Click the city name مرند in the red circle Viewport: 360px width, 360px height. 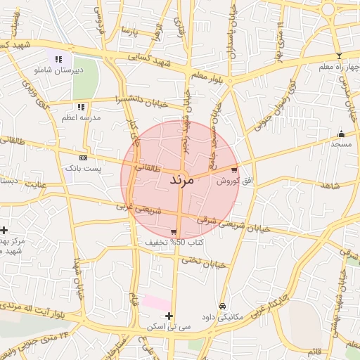click(x=181, y=180)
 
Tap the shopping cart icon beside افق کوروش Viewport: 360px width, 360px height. click(x=234, y=169)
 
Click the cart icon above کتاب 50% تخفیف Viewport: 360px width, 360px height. click(x=174, y=232)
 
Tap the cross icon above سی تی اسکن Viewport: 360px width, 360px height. click(x=169, y=316)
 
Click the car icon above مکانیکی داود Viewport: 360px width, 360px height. click(x=223, y=306)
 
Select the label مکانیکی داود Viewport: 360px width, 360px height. click(x=221, y=317)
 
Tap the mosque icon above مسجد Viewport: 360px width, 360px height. click(x=342, y=134)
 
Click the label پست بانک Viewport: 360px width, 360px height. click(x=84, y=169)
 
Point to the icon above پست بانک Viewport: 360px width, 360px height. click(x=84, y=157)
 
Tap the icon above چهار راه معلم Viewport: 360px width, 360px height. click(x=338, y=56)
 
